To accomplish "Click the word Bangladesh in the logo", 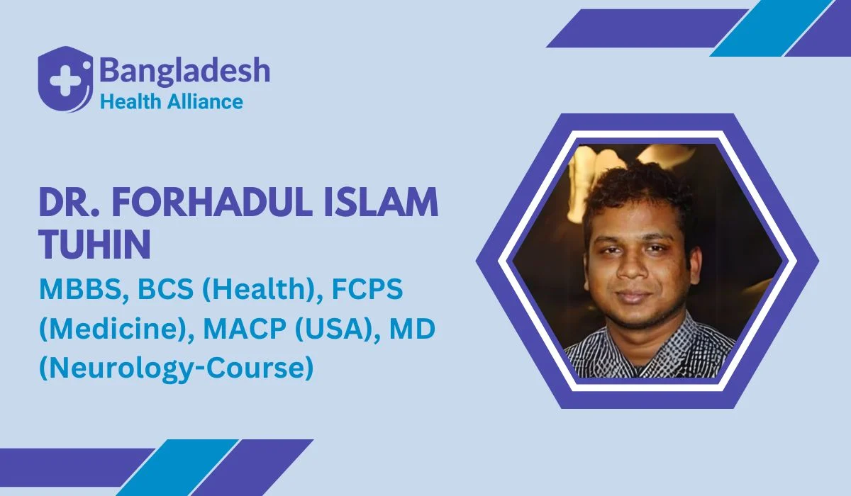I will (185, 72).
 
